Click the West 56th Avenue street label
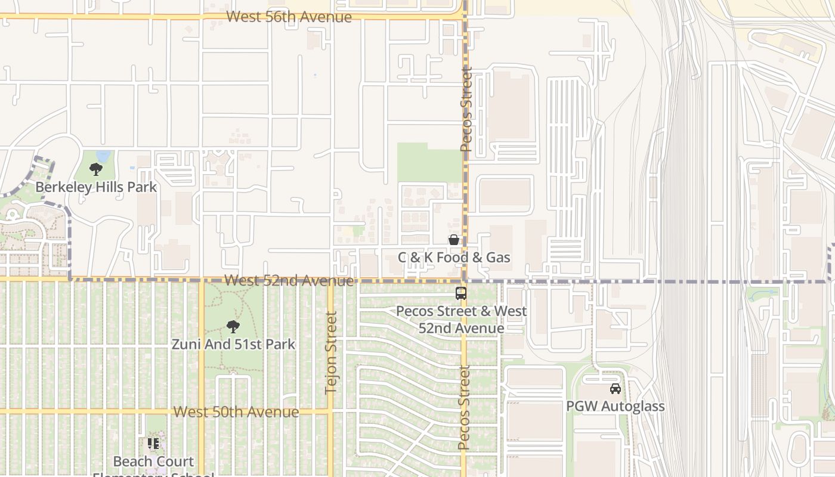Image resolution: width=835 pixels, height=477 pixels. tap(289, 17)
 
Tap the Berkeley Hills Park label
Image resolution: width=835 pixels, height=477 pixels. tap(96, 187)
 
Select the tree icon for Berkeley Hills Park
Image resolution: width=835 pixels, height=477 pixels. tap(95, 169)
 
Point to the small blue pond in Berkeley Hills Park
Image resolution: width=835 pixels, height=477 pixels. tap(103, 156)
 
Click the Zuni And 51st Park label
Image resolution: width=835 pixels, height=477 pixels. tap(233, 344)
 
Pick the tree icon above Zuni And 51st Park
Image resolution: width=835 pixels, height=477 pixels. tap(233, 327)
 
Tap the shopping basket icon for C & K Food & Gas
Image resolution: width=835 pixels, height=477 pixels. tap(454, 240)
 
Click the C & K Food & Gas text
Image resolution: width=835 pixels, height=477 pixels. tap(454, 257)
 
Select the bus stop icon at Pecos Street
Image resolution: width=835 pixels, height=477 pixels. tap(461, 293)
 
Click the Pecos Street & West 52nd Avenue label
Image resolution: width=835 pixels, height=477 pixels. tap(461, 320)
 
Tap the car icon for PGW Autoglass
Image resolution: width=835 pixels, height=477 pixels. tap(615, 389)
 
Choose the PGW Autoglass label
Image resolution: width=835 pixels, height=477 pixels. tap(615, 406)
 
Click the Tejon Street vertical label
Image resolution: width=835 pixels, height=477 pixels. tap(331, 353)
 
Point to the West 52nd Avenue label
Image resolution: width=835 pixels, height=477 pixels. tap(289, 280)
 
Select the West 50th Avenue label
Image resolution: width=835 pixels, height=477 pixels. tap(236, 412)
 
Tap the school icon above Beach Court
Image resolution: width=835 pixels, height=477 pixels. tap(153, 444)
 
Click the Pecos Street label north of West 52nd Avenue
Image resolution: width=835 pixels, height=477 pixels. tap(466, 109)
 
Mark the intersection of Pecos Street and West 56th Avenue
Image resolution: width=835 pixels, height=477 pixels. tap(465, 17)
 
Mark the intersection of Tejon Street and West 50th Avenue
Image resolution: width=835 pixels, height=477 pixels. tap(330, 411)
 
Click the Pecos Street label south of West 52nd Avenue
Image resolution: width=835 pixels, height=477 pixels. tap(464, 407)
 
